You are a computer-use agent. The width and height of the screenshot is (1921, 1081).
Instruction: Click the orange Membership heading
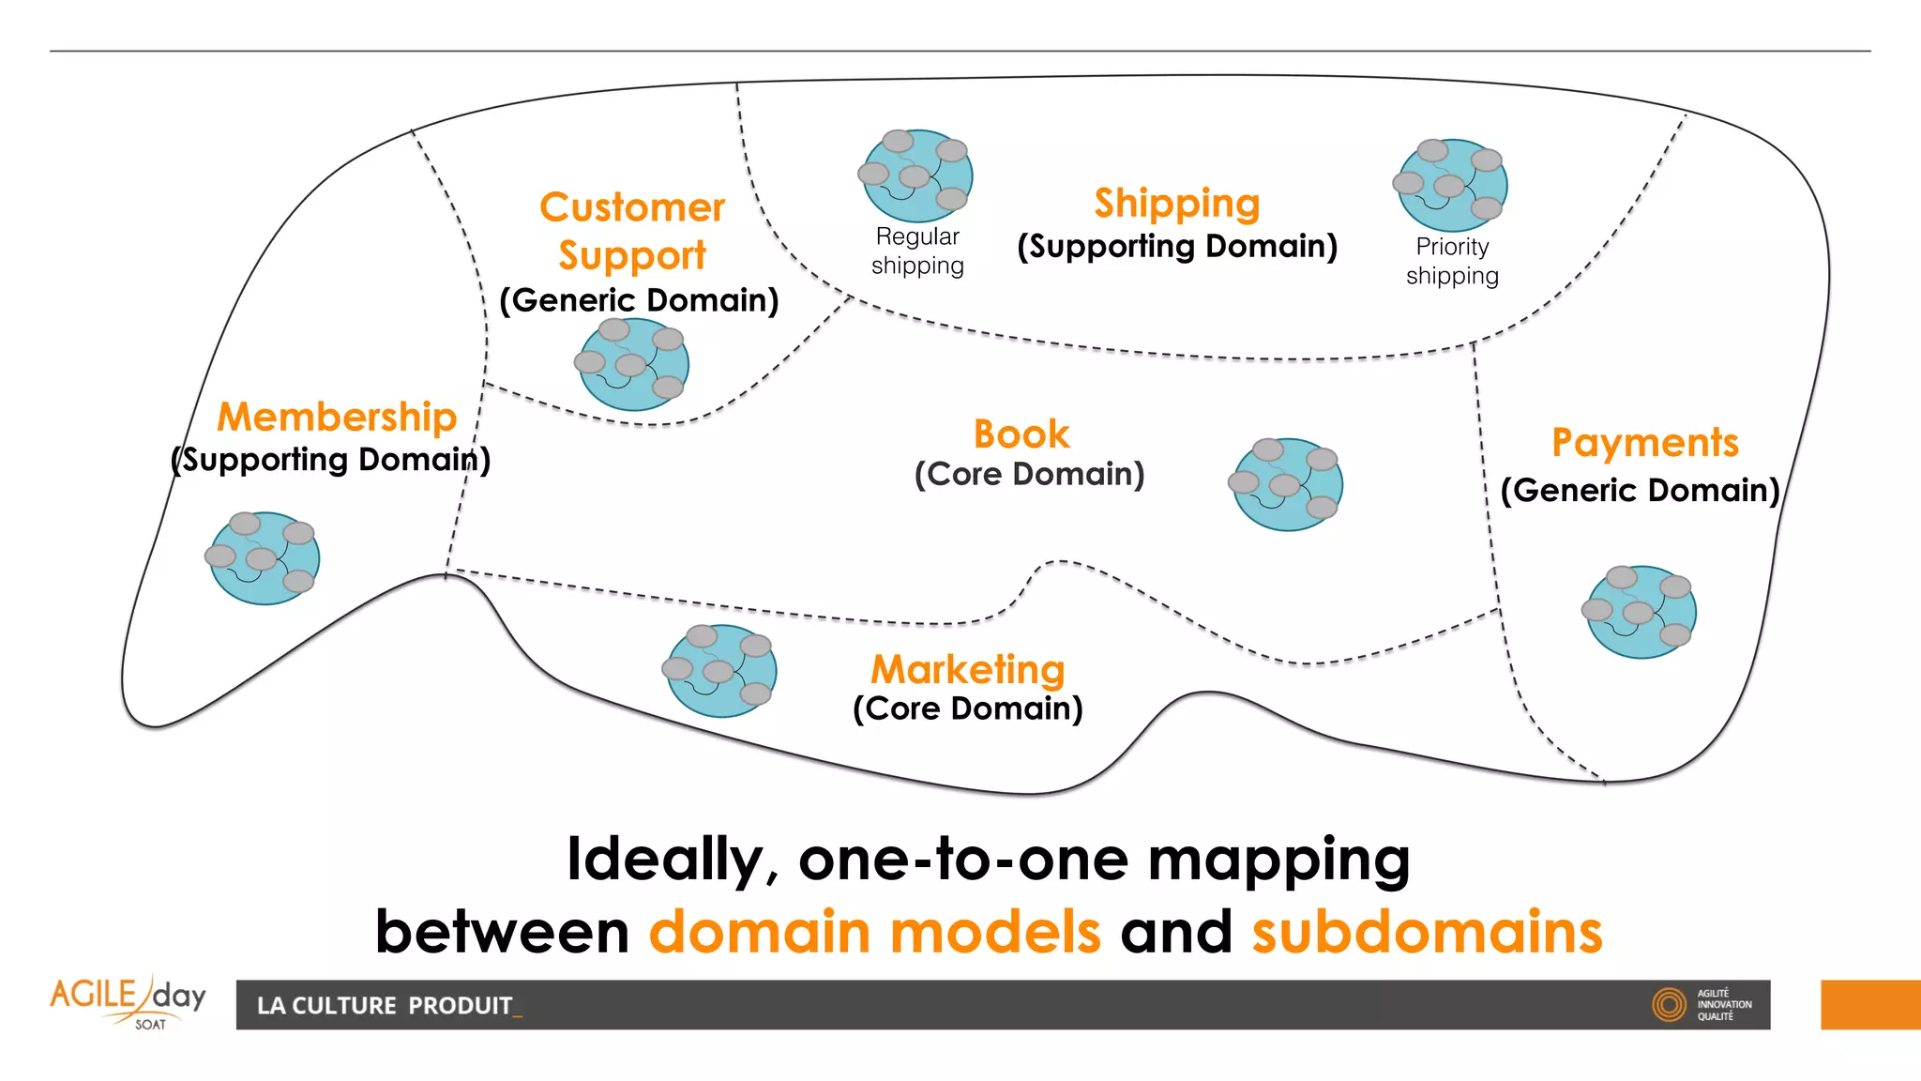tap(337, 417)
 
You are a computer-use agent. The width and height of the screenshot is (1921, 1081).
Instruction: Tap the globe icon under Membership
tap(264, 557)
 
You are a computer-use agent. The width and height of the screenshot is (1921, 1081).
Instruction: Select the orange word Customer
tap(632, 207)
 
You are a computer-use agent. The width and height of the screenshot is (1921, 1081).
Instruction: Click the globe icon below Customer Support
tap(632, 364)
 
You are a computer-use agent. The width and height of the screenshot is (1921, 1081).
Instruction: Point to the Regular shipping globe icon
tap(916, 175)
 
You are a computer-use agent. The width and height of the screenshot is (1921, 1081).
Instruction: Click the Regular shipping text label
tap(917, 251)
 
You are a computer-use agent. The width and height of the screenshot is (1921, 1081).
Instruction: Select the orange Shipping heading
tap(1176, 203)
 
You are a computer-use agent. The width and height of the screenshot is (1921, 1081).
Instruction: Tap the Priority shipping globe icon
tap(1451, 185)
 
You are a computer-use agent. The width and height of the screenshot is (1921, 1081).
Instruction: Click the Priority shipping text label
tap(1452, 261)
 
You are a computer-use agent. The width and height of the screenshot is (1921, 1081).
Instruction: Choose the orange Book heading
tap(1021, 434)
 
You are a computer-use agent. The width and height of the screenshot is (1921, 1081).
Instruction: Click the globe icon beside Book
tap(1287, 484)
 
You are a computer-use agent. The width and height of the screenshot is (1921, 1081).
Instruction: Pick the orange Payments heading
tap(1644, 442)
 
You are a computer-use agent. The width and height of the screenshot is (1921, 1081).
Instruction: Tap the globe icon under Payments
tap(1641, 612)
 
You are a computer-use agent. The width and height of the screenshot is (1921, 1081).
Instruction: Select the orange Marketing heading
tap(968, 669)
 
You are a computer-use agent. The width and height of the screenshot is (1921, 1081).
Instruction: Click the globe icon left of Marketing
tap(720, 670)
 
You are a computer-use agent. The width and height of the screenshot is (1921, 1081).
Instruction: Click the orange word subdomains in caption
tap(1427, 932)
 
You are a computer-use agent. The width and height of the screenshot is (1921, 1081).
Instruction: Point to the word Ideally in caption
tap(672, 859)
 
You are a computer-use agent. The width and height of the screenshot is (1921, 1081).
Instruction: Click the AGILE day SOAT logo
tap(129, 1002)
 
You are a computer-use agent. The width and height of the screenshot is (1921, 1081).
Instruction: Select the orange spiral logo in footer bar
tap(1669, 1004)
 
